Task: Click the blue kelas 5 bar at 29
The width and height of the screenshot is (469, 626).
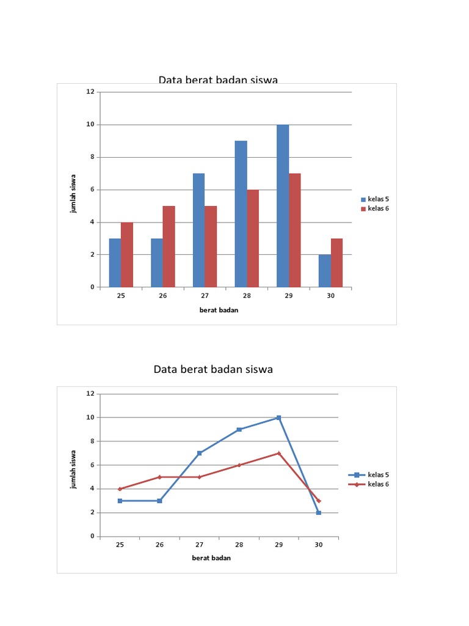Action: [283, 205]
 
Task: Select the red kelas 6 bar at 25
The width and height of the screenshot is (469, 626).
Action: [127, 254]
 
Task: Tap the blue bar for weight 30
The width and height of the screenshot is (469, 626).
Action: [324, 271]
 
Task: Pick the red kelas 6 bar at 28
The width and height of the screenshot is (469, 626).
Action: [253, 238]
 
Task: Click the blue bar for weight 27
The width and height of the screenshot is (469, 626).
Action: [199, 230]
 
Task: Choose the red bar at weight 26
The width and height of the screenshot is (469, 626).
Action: [169, 246]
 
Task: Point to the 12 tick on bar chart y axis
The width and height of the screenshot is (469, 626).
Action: [90, 92]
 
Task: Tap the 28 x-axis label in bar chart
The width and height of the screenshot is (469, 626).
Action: [247, 296]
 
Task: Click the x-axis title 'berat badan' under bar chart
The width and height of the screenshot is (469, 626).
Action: [219, 310]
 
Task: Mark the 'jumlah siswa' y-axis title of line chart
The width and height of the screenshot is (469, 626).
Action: [73, 466]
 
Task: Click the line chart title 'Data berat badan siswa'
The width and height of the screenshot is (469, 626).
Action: [213, 369]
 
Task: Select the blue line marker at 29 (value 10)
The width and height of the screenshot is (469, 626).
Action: [278, 418]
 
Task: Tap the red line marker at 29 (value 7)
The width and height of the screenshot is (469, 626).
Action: [278, 453]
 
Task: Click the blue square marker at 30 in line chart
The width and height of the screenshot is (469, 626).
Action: [318, 513]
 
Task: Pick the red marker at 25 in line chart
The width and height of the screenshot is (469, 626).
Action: [120, 489]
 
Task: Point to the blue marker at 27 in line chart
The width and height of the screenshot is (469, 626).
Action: [199, 453]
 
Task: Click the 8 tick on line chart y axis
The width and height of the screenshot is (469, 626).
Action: [92, 441]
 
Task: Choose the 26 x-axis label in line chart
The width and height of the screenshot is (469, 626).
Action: [159, 544]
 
